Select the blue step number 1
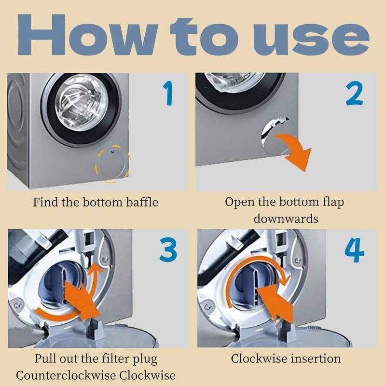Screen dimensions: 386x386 pos(168,94)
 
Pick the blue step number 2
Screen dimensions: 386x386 pos(355,94)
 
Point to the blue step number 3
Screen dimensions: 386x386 pos(168,249)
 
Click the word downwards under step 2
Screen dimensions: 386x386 pos(286,219)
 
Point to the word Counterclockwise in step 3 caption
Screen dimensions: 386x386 pos(66,376)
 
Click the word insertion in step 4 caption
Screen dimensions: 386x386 pos(316,358)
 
